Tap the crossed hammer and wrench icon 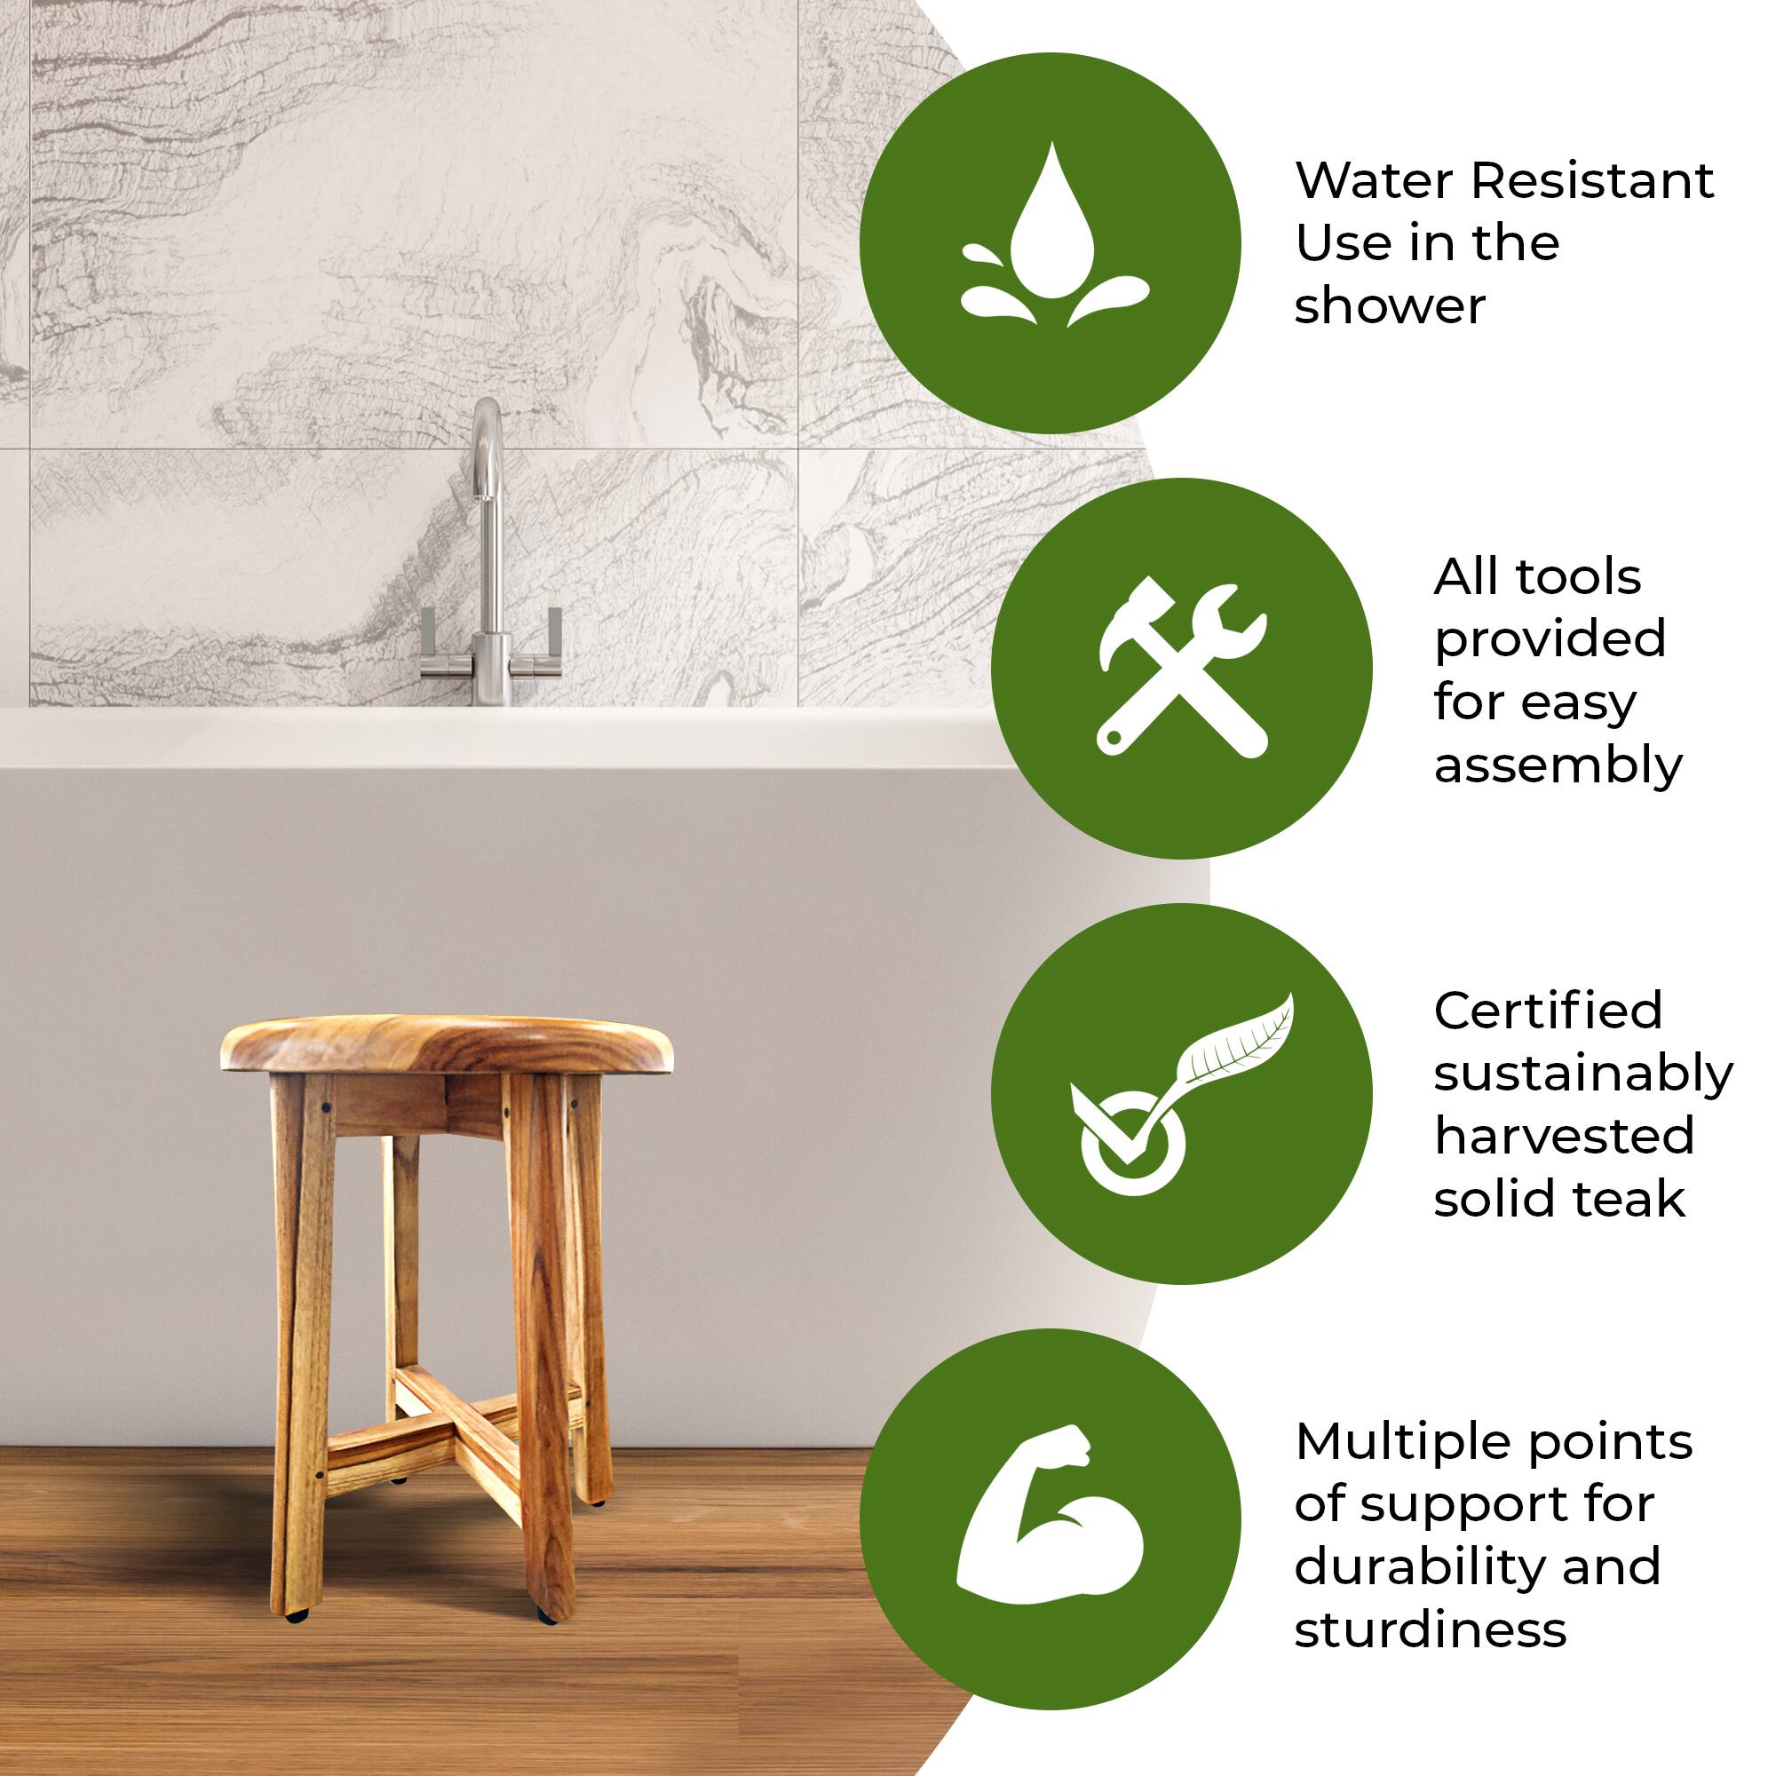[1182, 670]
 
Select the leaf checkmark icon [1182, 1094]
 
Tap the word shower [1389, 306]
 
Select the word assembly [1558, 764]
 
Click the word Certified [1548, 1011]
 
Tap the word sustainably [1583, 1074]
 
